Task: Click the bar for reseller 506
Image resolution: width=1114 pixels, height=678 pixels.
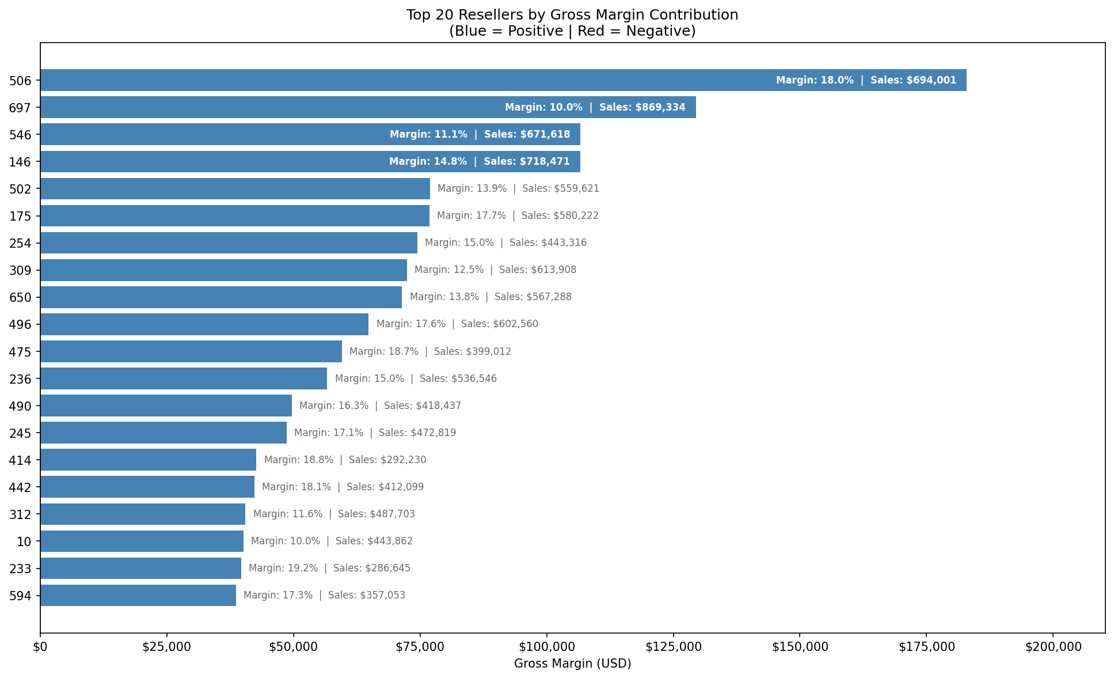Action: pos(403,80)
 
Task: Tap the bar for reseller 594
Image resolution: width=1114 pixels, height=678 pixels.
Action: pos(138,595)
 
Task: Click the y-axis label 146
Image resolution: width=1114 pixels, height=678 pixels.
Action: pos(20,162)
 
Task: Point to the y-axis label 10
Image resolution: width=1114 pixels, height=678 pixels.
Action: pos(24,541)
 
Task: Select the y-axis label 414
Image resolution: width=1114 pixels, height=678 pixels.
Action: pos(20,460)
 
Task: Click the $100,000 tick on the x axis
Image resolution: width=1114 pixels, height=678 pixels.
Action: pos(546,647)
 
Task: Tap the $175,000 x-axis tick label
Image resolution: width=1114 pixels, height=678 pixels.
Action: pos(926,647)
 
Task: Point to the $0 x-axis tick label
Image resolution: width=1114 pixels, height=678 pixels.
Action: pos(40,647)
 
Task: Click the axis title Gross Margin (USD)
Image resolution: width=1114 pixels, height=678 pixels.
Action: pos(572,664)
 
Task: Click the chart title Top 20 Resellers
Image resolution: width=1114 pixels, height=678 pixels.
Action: pos(572,15)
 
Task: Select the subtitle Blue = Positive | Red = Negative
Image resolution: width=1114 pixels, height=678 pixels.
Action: pos(572,31)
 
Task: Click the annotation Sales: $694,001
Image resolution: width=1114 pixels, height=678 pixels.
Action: pos(913,80)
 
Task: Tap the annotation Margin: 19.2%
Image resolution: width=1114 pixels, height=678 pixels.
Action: pos(283,568)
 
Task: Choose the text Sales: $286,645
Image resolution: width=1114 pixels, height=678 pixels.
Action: pos(372,568)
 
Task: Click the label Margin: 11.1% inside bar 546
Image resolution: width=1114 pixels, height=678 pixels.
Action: pos(428,134)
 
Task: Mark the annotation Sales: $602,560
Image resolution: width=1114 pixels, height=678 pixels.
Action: pos(500,324)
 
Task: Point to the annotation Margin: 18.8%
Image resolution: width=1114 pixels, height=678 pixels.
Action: pos(299,460)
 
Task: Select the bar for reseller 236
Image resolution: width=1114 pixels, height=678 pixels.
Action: pos(184,378)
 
